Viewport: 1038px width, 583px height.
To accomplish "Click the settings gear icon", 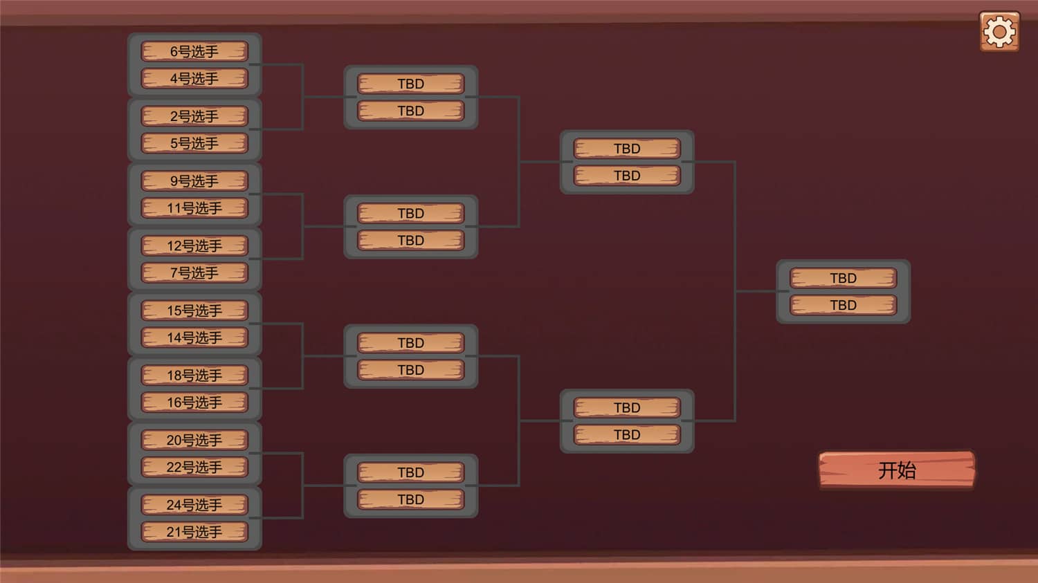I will (999, 31).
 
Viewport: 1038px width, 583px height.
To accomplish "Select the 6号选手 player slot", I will (194, 51).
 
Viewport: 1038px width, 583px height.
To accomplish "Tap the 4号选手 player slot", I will (194, 78).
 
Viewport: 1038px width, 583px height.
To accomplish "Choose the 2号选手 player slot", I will (194, 116).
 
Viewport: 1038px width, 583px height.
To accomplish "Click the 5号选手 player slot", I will (194, 143).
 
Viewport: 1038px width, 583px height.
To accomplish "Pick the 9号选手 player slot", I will (194, 181).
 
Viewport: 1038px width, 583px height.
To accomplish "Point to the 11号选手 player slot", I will (194, 208).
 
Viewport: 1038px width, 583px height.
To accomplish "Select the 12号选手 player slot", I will (194, 246).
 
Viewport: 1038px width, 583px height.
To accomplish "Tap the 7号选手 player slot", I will (194, 272).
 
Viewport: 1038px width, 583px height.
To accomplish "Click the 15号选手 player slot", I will (194, 311).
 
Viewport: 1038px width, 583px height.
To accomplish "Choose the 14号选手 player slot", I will (194, 337).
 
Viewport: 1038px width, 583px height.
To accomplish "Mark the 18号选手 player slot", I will (194, 376).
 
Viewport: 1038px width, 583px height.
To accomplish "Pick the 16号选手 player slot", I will (194, 402).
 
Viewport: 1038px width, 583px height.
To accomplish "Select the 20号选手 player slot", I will (194, 440).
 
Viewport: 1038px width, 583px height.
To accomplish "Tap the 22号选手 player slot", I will (194, 467).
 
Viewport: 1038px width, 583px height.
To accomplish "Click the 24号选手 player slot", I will (194, 505).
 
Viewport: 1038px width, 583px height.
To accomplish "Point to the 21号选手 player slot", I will (194, 532).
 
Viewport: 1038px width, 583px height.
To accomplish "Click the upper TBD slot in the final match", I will (843, 278).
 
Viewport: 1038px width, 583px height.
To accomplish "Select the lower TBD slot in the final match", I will (843, 305).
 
